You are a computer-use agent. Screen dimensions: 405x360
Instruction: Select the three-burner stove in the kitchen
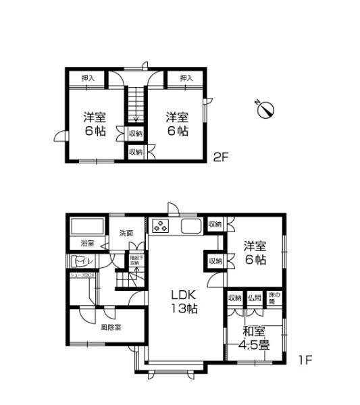click(161, 226)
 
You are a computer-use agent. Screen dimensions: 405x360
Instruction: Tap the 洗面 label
click(126, 234)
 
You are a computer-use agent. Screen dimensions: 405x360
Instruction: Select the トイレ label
click(81, 260)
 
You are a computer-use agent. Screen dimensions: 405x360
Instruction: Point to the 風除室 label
click(111, 327)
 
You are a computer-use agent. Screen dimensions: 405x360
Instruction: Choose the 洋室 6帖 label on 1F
click(256, 253)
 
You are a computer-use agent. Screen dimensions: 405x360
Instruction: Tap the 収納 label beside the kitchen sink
click(215, 224)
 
